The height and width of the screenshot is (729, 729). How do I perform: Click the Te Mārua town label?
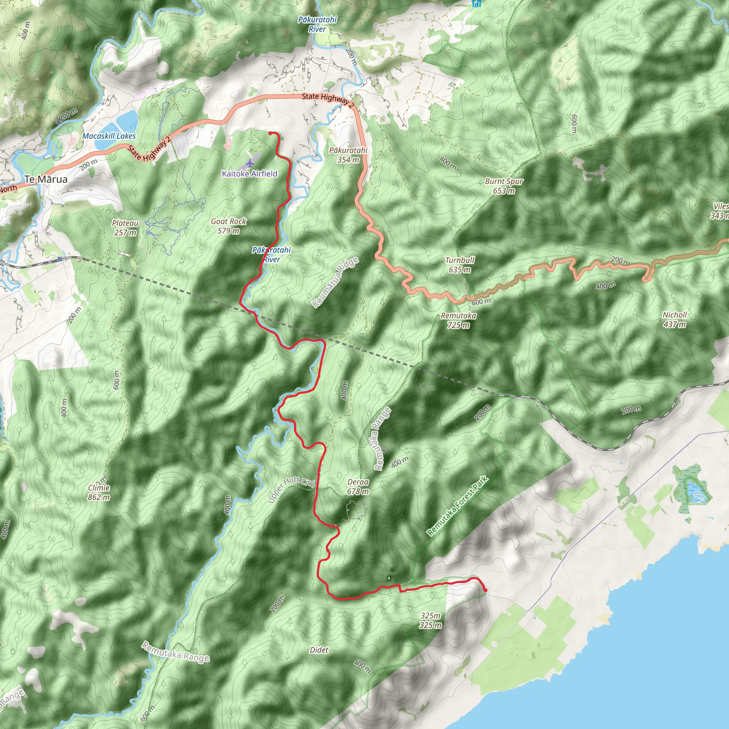pos(46,179)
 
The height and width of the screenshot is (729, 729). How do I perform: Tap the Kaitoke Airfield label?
pos(250,174)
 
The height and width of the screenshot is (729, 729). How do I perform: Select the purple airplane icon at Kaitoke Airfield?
pos(250,163)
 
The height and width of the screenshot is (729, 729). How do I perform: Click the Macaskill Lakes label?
pos(109,136)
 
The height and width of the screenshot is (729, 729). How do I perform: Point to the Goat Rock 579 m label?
pos(228,226)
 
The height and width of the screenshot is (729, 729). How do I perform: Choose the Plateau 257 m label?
pos(125,228)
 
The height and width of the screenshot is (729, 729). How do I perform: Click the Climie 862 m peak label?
pos(99,492)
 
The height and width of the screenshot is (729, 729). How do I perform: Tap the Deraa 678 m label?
pos(358,487)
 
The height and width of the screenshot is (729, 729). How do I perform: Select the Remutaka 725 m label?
pos(458,320)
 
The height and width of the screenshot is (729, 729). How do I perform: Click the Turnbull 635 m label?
pos(460,265)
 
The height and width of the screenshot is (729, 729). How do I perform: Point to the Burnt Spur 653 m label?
pos(504,186)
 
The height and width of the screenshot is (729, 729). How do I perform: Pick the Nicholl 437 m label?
pos(675,320)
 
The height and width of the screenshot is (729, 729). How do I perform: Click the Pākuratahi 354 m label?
pos(348,155)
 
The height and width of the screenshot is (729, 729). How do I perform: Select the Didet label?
pos(319,650)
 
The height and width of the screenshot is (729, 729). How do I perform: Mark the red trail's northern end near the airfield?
pos(270,133)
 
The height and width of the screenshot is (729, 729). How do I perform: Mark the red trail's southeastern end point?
pos(486,591)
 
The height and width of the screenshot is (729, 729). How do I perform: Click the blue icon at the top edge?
pos(477,4)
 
